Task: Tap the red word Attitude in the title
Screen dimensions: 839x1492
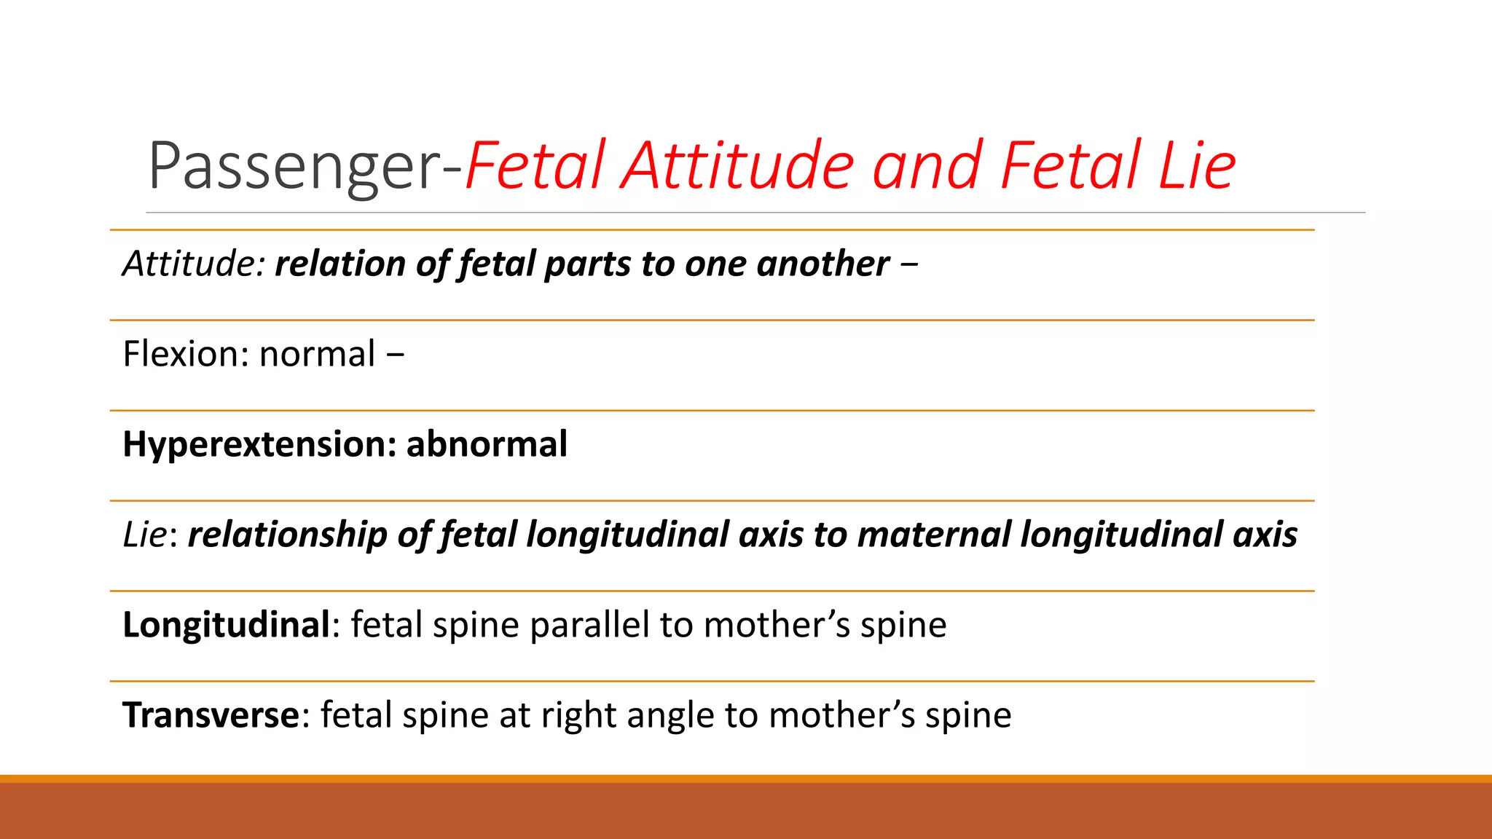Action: coord(738,165)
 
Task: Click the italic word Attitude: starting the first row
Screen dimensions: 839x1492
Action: coord(194,264)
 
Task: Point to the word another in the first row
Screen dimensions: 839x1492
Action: coord(822,264)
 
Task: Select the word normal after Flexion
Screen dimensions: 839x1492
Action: coord(317,354)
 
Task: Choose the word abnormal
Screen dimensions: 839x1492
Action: coord(487,444)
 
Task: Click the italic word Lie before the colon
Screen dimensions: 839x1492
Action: coord(144,535)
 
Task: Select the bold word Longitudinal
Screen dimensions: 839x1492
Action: coord(227,625)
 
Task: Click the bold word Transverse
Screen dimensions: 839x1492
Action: coord(211,715)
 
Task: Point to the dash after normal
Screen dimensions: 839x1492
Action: coord(395,355)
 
